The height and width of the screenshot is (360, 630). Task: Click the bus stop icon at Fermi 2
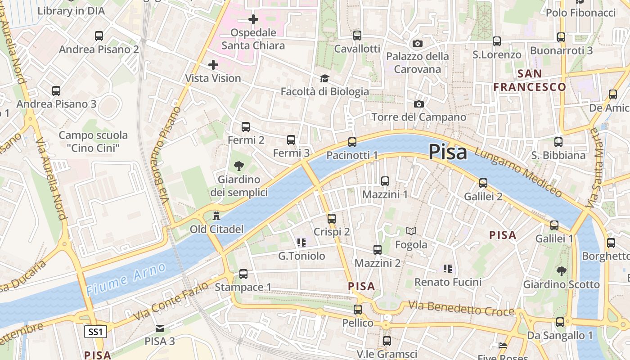point(245,127)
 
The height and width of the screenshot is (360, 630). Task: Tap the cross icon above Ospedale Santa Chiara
point(253,19)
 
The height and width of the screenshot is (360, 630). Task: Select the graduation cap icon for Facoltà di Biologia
point(324,79)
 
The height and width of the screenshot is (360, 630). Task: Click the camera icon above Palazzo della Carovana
point(418,44)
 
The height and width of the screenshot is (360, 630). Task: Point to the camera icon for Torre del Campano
point(419,104)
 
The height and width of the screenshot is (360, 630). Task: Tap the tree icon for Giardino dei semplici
point(239,166)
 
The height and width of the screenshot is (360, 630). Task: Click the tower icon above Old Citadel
point(216,216)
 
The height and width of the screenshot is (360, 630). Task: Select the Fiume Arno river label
point(126,279)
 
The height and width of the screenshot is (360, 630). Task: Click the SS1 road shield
point(95,332)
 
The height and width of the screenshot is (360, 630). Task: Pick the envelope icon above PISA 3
point(160,328)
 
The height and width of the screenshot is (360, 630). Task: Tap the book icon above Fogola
point(411,231)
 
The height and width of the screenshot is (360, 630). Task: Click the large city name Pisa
point(448,152)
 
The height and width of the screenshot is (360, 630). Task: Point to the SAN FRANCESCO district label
point(530,80)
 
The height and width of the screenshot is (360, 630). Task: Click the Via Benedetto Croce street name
point(461,309)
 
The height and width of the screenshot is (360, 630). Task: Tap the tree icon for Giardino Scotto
point(561,271)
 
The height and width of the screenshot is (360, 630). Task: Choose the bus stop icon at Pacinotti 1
point(352,142)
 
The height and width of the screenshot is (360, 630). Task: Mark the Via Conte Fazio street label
point(171,301)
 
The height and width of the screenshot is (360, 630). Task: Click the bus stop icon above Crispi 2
point(332,219)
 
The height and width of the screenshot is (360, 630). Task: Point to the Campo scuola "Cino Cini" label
point(93,141)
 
